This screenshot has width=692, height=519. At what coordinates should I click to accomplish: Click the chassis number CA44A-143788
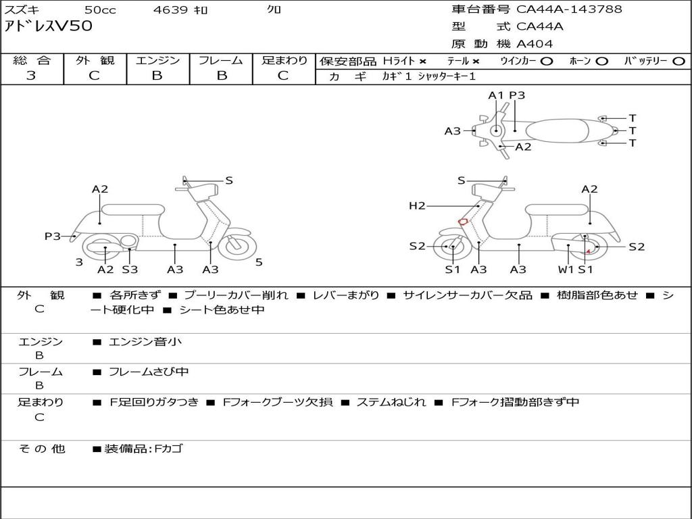[x=569, y=9]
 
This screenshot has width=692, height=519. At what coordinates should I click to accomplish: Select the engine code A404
[x=535, y=44]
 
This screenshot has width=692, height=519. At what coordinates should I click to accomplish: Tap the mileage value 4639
[x=170, y=10]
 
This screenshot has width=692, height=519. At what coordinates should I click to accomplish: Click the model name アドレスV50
[x=49, y=27]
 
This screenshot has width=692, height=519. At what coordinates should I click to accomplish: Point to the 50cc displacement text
[x=99, y=10]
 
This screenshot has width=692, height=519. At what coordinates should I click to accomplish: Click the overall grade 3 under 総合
[x=31, y=76]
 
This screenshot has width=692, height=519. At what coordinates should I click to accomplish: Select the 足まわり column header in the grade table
[x=284, y=61]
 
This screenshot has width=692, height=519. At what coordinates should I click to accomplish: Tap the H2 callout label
[x=417, y=205]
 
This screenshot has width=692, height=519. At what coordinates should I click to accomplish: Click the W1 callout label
[x=565, y=270]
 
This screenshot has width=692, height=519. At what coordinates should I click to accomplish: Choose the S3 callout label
[x=130, y=270]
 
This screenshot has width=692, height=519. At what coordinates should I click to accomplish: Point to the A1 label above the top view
[x=496, y=95]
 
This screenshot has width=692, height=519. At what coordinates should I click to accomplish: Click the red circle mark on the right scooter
[x=463, y=221]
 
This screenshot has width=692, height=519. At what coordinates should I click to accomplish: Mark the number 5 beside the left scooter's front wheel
[x=259, y=262]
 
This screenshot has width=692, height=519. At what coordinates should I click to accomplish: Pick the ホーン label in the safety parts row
[x=580, y=61]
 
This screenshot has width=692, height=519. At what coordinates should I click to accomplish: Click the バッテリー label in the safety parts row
[x=645, y=61]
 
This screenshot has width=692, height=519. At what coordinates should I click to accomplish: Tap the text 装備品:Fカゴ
[x=143, y=449]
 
